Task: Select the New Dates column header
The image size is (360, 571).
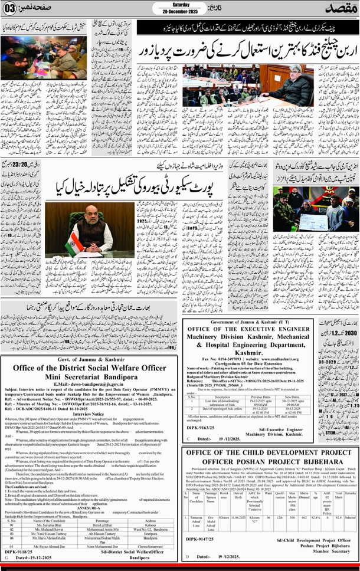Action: (318, 397)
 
